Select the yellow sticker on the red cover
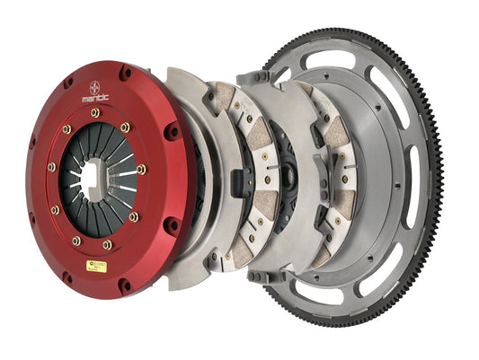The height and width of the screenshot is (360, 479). (96, 267)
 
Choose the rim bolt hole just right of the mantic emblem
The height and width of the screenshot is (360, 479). (125, 75)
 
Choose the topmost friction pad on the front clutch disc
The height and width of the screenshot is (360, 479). (222, 95)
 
